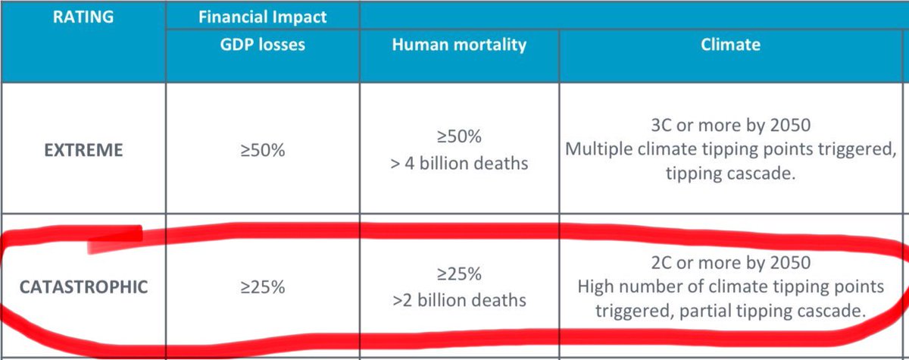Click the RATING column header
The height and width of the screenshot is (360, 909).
[x=84, y=16]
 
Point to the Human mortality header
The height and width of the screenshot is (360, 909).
[x=459, y=44]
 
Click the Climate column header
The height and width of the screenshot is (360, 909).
[x=730, y=44]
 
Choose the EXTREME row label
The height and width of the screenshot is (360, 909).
[x=83, y=149]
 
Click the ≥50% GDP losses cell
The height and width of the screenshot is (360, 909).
[x=264, y=150]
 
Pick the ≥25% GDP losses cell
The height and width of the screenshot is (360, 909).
[x=264, y=287]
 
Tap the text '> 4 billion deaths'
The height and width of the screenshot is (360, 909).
[x=459, y=163]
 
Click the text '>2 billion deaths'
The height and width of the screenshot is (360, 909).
[x=459, y=300]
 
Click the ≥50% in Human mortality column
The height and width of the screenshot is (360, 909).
[x=460, y=136]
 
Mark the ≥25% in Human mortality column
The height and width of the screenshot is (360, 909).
[x=460, y=274]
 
